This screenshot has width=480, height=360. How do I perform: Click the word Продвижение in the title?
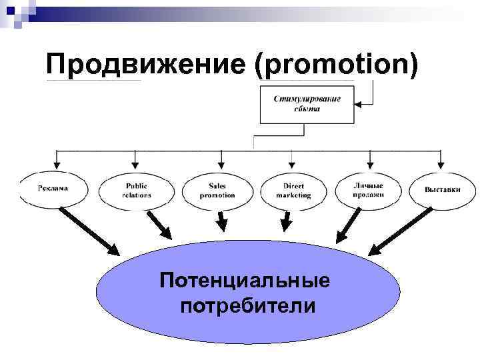point(147,65)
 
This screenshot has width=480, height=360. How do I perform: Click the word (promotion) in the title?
point(336,65)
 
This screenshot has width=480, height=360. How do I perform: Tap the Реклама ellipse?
point(53,189)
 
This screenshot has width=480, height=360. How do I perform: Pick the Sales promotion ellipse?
point(217,191)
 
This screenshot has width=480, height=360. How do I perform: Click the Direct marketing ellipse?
point(293,191)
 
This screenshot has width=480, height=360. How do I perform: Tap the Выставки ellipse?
point(443,189)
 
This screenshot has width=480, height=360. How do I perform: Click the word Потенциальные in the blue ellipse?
point(244,279)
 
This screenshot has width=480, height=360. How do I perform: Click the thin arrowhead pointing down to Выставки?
point(440,165)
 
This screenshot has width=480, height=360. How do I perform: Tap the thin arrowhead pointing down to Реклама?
point(56,165)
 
